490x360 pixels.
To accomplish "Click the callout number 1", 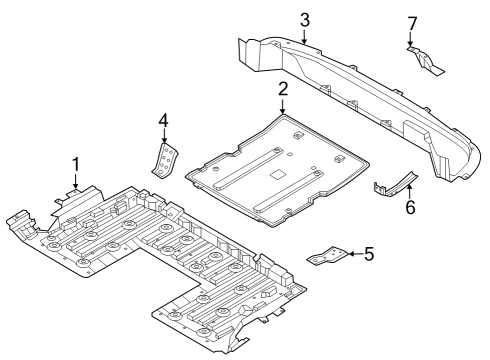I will coord(75,163).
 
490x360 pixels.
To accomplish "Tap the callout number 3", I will coord(305,20).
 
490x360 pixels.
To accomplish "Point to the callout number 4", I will coord(164,122).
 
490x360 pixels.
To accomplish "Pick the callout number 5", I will coord(369,254).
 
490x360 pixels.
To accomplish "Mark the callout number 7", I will coord(410,23).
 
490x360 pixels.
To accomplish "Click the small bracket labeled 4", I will coord(165,158).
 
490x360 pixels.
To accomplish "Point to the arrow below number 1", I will coord(75,180).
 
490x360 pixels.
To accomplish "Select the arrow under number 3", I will coord(305,36).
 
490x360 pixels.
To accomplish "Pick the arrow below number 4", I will coord(164,138).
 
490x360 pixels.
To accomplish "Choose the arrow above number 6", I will coord(409,189).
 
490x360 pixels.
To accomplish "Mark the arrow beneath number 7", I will coord(410,39).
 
